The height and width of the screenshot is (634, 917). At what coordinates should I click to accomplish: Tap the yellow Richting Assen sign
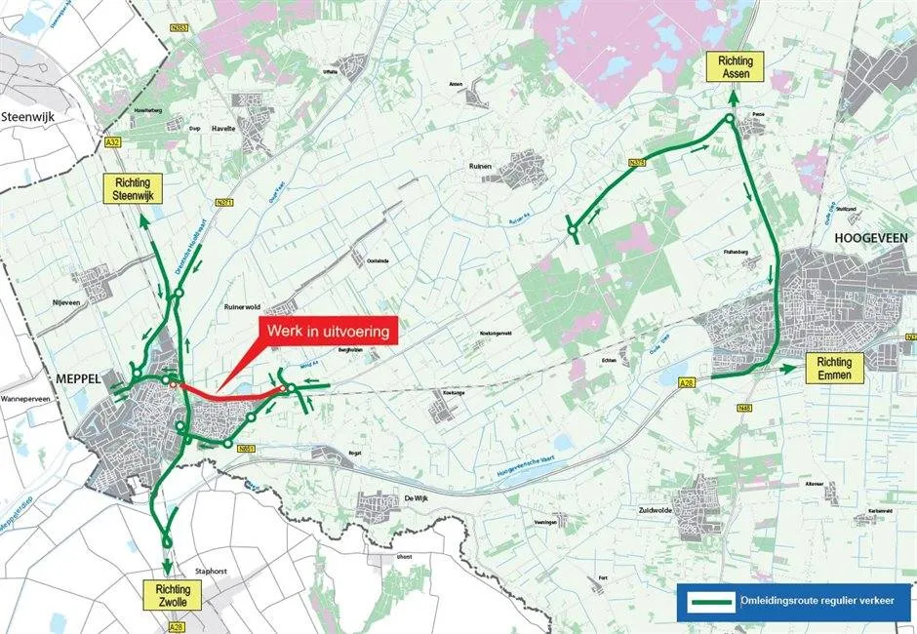pyautogui.click(x=736, y=69)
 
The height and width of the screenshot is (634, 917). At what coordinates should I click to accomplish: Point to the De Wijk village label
pyautogui.click(x=416, y=497)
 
